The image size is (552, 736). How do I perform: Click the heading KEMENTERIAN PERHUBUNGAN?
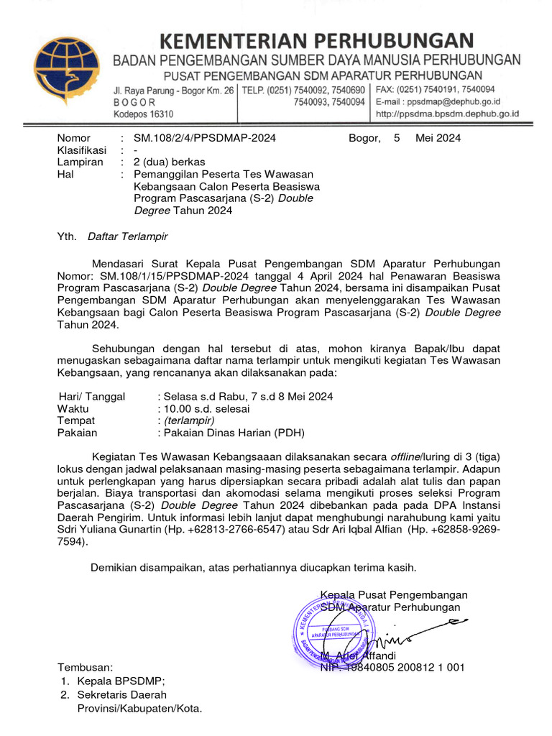click(316, 41)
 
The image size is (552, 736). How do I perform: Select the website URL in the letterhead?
click(447, 114)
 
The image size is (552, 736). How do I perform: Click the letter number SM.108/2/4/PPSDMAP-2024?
click(205, 138)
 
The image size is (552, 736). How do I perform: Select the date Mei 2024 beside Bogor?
click(438, 138)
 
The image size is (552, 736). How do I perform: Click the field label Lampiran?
click(80, 162)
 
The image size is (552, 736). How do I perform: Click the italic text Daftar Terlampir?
click(127, 236)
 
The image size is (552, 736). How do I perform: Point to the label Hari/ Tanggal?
click(91, 397)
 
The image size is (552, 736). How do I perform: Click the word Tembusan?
click(85, 668)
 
